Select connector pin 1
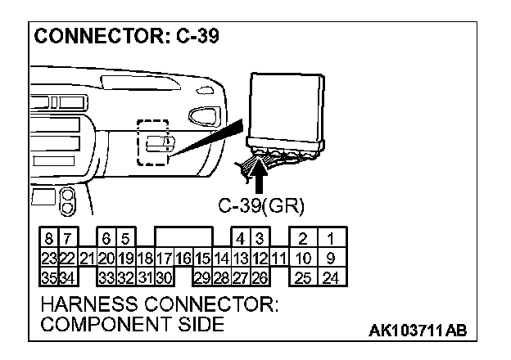(x=330, y=240)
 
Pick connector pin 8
(x=50, y=240)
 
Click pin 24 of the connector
(x=330, y=277)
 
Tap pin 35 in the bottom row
(x=48, y=277)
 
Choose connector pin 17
(x=165, y=259)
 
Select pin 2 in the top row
(x=302, y=240)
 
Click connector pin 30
(x=164, y=277)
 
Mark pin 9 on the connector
(x=330, y=259)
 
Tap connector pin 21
(x=87, y=259)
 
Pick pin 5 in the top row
(x=125, y=240)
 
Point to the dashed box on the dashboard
(x=151, y=143)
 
